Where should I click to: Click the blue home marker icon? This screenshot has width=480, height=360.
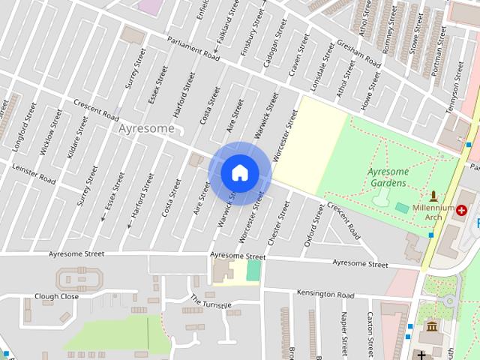click(x=239, y=172)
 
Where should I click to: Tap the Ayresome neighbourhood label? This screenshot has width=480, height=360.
click(x=145, y=129)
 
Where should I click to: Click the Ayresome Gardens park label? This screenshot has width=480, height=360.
click(x=388, y=177)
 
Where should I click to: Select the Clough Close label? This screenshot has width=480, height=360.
click(x=56, y=296)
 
